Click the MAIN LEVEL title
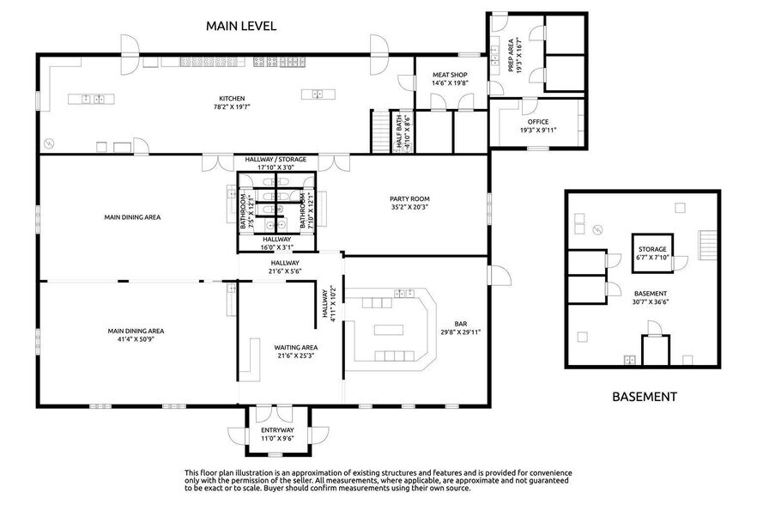[x=241, y=26]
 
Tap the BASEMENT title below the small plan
[x=644, y=397]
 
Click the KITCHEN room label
[x=232, y=99]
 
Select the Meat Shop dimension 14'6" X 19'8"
[x=450, y=83]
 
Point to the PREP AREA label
[x=511, y=55]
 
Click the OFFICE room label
[x=538, y=122]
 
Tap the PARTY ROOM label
[x=409, y=198]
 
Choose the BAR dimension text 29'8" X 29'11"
[x=460, y=332]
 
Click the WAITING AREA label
[x=295, y=348]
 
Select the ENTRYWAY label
[x=277, y=430]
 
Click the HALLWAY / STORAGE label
[x=276, y=160]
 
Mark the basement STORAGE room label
[x=652, y=249]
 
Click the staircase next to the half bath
[x=380, y=131]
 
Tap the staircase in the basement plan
[x=706, y=245]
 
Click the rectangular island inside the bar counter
[x=389, y=330]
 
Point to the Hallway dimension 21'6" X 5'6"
[x=285, y=271]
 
